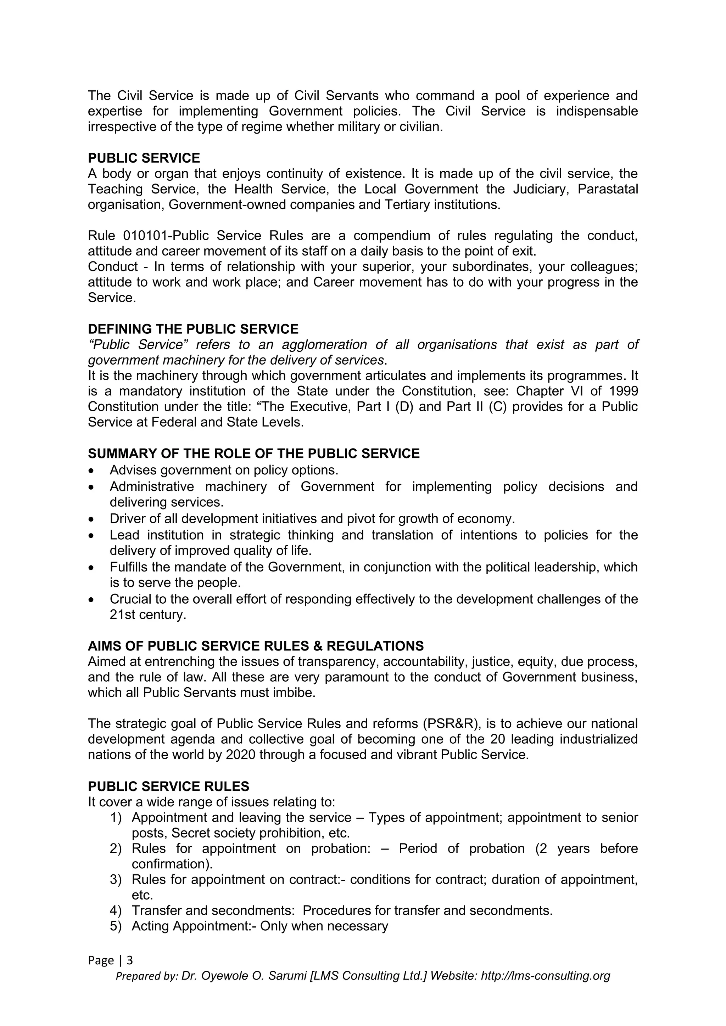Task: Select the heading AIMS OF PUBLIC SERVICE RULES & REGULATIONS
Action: [256, 646]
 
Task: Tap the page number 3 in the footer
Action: [130, 960]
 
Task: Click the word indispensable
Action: [597, 111]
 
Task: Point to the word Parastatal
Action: [608, 189]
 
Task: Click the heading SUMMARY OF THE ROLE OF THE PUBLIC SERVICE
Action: [253, 453]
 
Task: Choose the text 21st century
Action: [147, 615]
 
